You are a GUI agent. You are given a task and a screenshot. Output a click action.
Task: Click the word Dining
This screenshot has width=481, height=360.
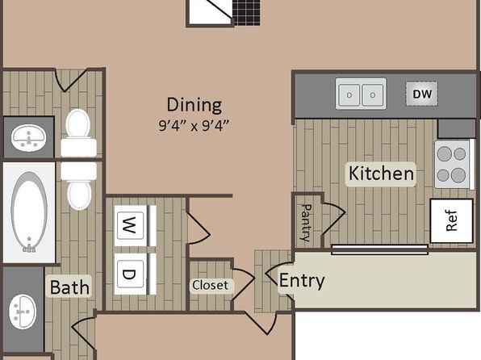[194, 105]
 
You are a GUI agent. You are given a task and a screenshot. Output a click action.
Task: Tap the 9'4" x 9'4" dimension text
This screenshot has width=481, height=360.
[194, 126]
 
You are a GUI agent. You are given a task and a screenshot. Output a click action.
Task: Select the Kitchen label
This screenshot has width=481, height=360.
[381, 174]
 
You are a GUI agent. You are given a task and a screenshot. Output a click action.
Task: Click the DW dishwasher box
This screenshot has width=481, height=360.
[422, 94]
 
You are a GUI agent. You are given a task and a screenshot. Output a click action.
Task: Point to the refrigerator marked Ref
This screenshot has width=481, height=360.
[452, 220]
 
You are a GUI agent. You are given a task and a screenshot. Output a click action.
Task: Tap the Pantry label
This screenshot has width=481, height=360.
[307, 223]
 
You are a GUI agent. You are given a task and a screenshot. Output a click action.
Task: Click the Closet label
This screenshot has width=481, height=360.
[211, 286]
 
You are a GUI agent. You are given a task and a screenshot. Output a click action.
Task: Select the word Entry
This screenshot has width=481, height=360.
[302, 281]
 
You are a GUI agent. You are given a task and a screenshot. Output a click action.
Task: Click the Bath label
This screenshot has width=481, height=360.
[69, 287]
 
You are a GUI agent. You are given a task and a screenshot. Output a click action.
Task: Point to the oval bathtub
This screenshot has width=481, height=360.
[29, 211]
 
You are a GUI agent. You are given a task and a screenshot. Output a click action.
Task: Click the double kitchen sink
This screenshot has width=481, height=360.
[361, 94]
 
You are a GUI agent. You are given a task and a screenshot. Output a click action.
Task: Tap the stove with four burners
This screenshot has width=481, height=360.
[453, 164]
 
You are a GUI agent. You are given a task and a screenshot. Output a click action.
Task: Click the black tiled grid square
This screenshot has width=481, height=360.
[246, 12]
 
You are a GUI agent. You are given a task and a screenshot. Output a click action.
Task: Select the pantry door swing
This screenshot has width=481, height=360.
[334, 219]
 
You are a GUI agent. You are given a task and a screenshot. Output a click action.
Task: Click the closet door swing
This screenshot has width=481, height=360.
[243, 284]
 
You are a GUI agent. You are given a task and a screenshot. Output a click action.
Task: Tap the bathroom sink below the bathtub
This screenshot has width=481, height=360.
[23, 312]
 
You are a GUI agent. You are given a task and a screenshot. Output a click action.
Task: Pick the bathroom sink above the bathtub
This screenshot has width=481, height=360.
[28, 137]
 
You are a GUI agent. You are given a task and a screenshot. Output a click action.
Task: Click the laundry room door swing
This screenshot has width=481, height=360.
[199, 227]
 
